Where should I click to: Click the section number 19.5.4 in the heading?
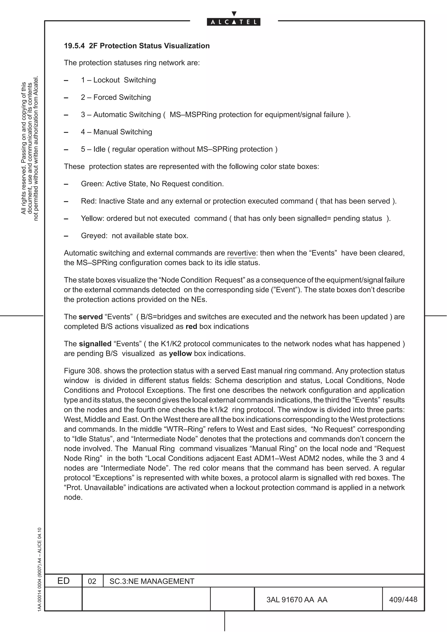click(x=74, y=46)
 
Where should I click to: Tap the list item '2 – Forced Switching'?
click(x=116, y=97)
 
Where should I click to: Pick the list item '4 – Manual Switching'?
click(x=116, y=132)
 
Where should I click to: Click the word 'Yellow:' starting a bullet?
click(x=93, y=219)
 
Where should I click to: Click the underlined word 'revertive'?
click(x=241, y=253)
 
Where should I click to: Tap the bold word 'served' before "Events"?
click(x=91, y=317)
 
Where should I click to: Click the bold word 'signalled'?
click(x=95, y=344)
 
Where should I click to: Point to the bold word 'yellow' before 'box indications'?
click(x=180, y=354)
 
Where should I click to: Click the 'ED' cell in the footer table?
click(x=63, y=581)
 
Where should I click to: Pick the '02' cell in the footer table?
click(x=92, y=581)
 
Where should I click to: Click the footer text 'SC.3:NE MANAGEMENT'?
click(x=152, y=581)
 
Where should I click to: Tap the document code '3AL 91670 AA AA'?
click(x=297, y=600)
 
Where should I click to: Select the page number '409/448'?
click(x=403, y=600)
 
